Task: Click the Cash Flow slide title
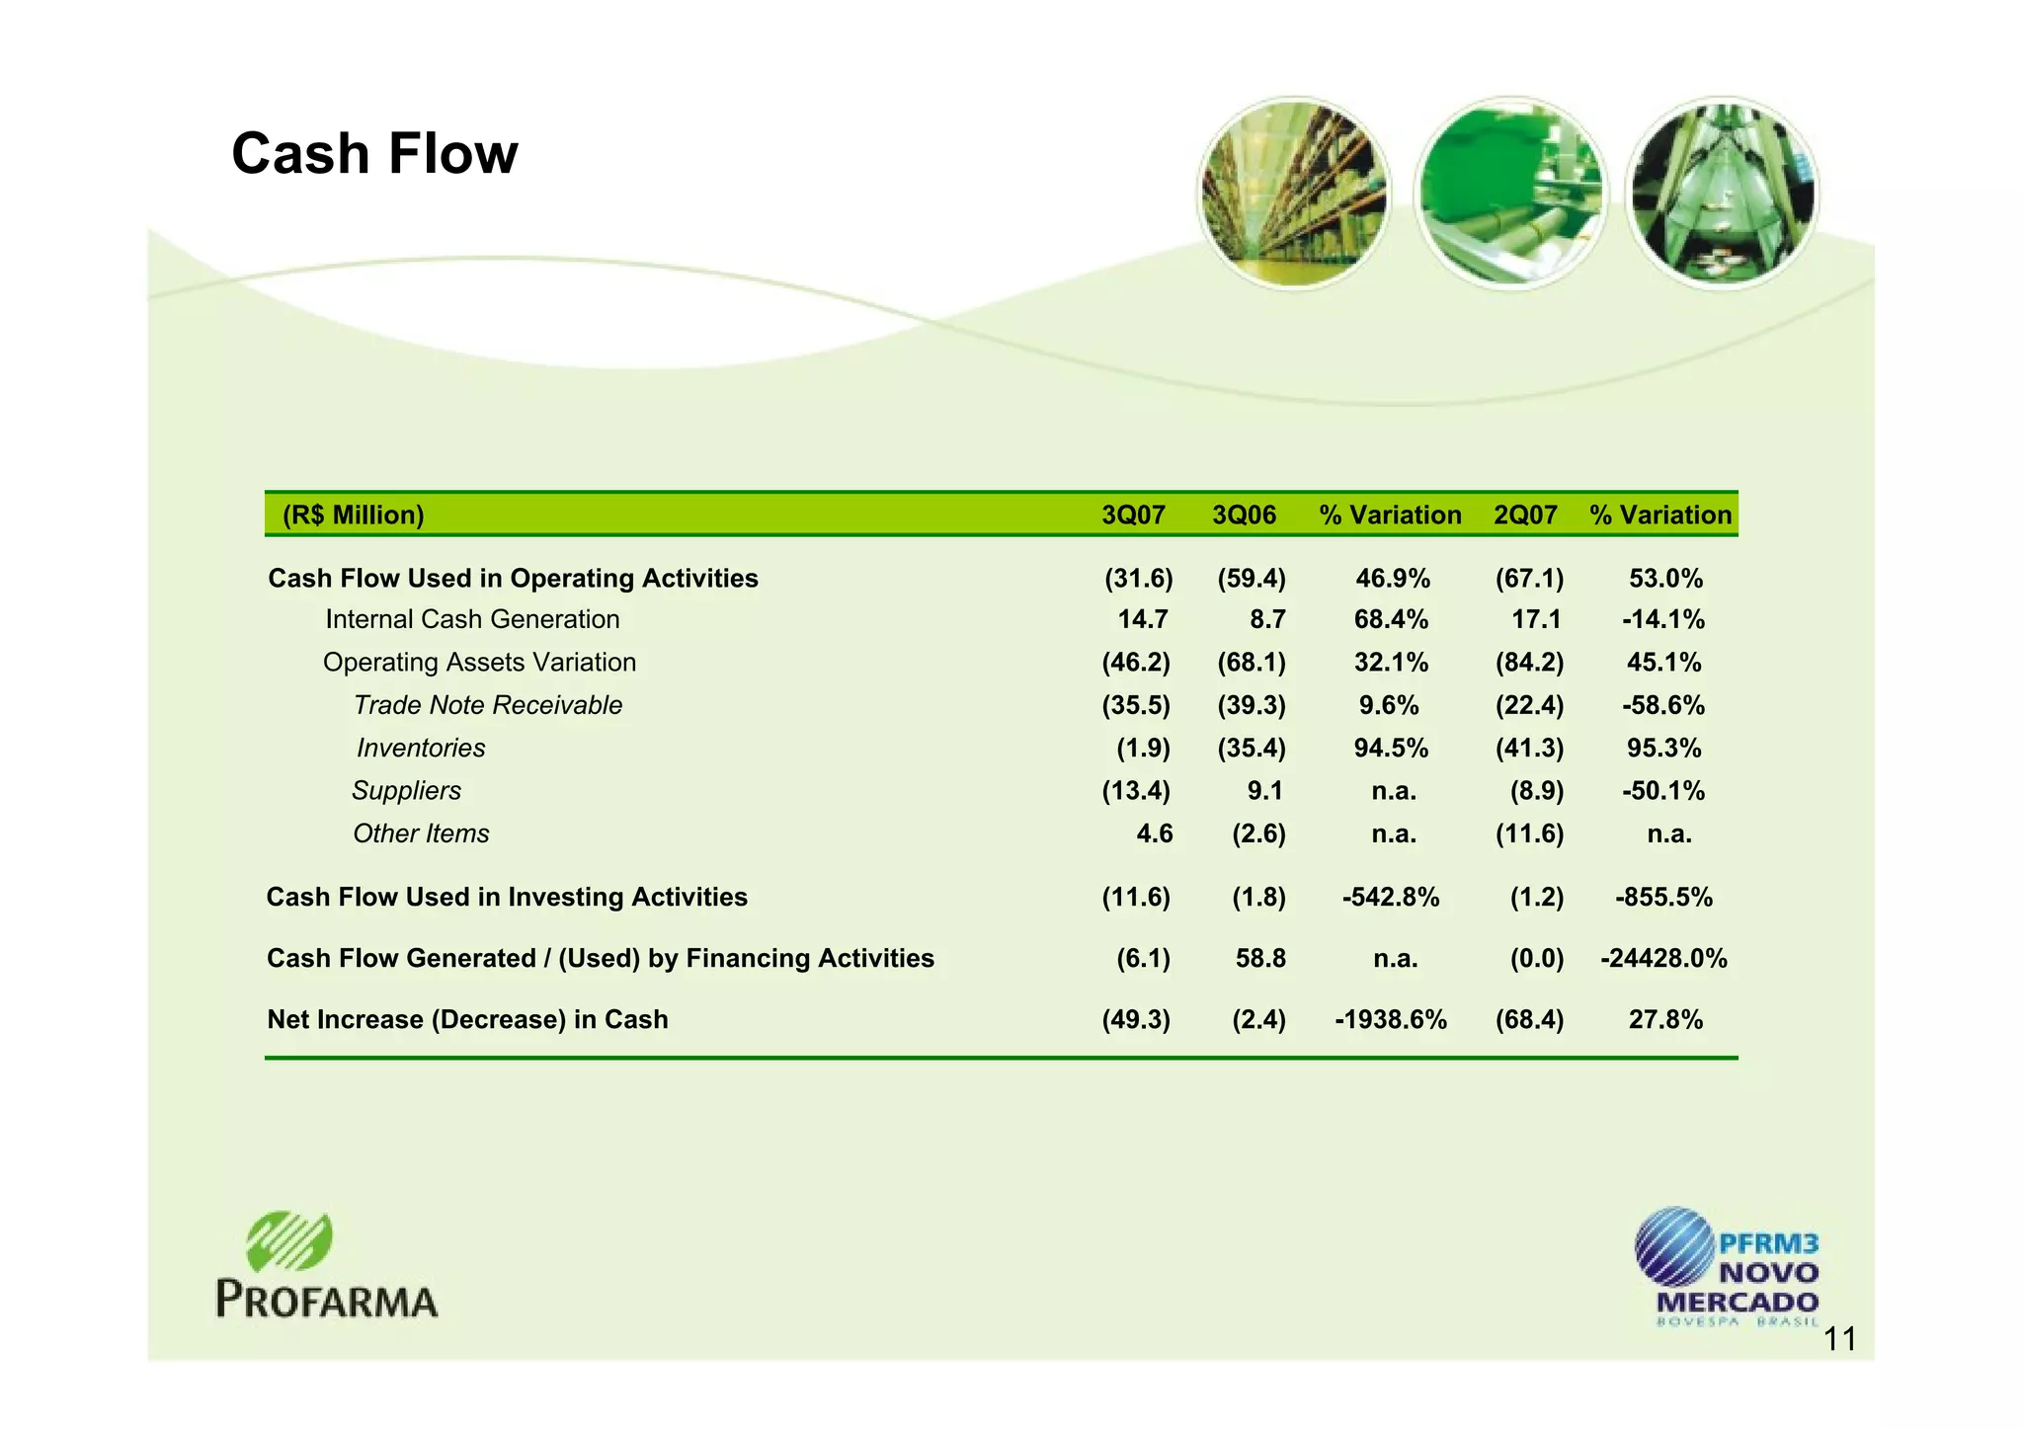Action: pos(374,154)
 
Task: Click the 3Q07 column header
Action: pos(1133,515)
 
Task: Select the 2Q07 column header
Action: pos(1525,515)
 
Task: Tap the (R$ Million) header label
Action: pos(353,515)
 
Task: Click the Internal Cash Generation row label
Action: pos(472,619)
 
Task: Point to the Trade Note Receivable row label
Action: pos(488,705)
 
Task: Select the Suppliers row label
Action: pos(406,791)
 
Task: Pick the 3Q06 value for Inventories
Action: pos(1252,749)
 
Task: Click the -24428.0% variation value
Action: pos(1663,959)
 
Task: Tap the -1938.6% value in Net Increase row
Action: pos(1391,1020)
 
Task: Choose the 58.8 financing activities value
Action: pos(1260,959)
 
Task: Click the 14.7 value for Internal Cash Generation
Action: pos(1143,619)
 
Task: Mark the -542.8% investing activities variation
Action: pos(1391,898)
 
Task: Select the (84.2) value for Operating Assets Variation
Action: pos(1529,663)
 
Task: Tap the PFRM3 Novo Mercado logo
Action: pos(1726,1266)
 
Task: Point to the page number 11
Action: pos(1839,1340)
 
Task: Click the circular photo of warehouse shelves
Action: pos(1293,194)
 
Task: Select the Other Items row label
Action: pos(421,834)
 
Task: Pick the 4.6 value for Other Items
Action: pos(1154,834)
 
